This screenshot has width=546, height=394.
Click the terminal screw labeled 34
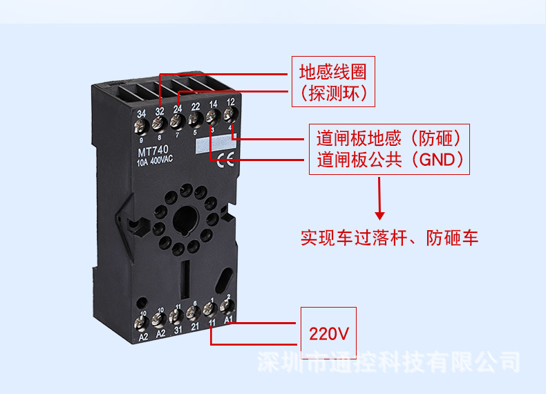click(141, 125)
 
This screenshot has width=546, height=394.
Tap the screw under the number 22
click(195, 120)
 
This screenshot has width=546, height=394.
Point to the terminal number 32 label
click(160, 111)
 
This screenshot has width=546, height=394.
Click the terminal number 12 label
click(231, 102)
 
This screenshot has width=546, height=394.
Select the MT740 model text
click(151, 151)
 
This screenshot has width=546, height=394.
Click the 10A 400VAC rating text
click(155, 161)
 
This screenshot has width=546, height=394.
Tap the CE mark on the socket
click(226, 164)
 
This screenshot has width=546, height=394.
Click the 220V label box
click(328, 335)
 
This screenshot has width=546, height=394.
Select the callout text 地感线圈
click(332, 72)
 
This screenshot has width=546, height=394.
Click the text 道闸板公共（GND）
click(390, 160)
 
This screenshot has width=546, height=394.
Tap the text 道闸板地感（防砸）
click(388, 136)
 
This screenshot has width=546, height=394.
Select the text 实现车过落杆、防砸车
click(389, 238)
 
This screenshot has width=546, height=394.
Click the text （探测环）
click(333, 93)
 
